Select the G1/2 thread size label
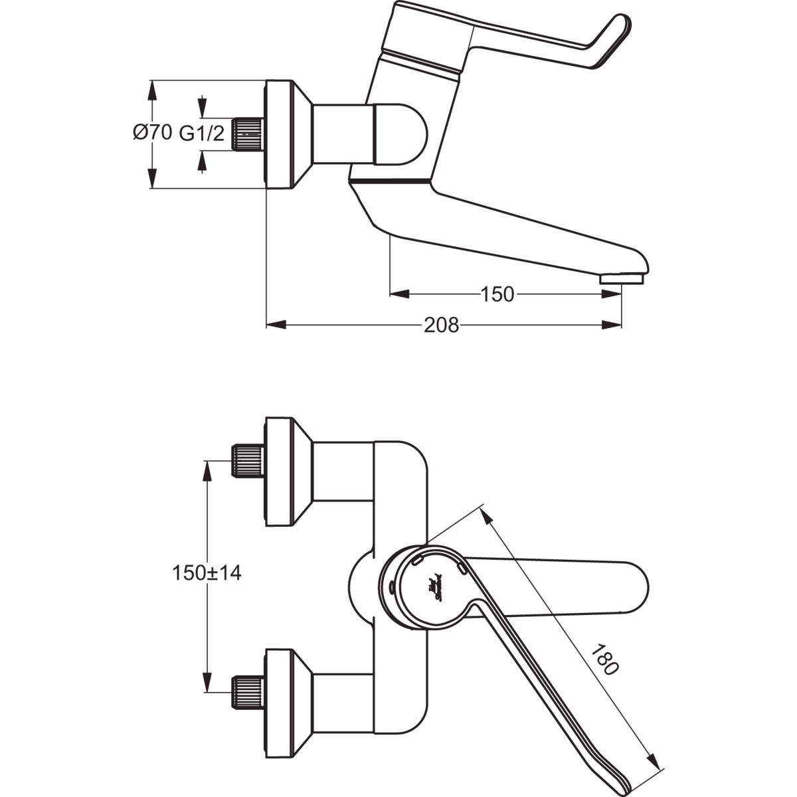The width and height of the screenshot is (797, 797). [x=202, y=133]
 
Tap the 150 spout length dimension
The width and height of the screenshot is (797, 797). [x=497, y=294]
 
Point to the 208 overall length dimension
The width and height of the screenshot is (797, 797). [x=441, y=325]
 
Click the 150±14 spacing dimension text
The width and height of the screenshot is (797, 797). [x=207, y=573]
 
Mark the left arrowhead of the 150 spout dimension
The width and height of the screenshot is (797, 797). [x=398, y=294]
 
